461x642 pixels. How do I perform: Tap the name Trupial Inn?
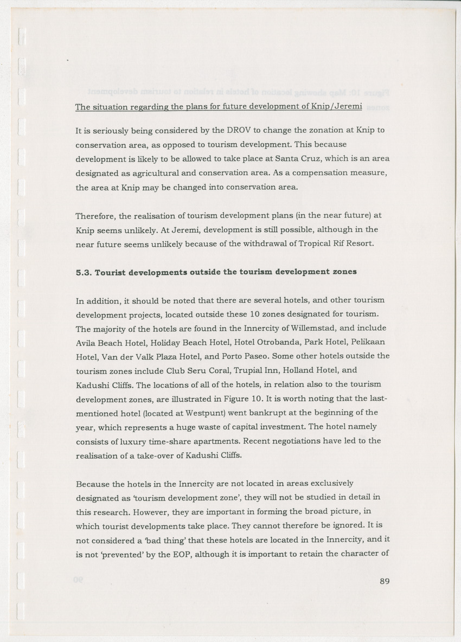(x=222, y=371)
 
